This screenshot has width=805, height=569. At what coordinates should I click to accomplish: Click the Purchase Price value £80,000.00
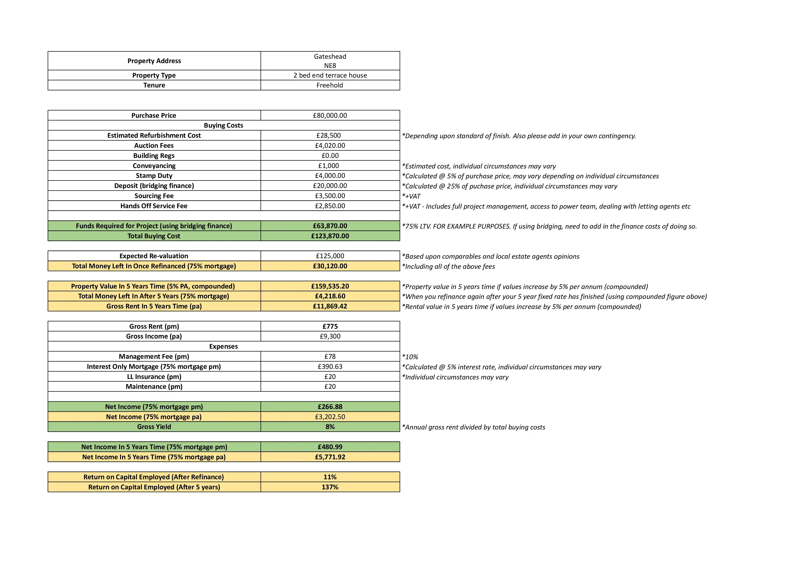click(x=330, y=115)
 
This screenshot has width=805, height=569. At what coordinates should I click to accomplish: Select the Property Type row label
click(x=154, y=75)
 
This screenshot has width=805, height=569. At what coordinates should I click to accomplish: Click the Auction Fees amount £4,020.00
click(x=330, y=146)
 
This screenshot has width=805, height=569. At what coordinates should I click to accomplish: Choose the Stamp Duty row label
click(x=154, y=176)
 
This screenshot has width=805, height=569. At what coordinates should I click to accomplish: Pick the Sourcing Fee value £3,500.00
click(x=330, y=196)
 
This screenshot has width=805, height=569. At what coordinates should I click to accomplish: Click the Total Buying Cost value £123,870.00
click(x=330, y=236)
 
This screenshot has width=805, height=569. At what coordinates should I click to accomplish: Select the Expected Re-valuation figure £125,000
click(x=330, y=256)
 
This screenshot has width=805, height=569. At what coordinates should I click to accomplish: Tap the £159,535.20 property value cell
click(x=330, y=286)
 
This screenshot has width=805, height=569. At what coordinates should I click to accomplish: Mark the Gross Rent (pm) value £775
click(x=330, y=326)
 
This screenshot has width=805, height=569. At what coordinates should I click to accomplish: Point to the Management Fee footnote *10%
click(x=410, y=357)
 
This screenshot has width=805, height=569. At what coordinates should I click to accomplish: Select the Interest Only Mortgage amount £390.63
click(x=330, y=366)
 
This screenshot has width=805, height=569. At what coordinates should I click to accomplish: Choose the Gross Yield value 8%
click(x=330, y=427)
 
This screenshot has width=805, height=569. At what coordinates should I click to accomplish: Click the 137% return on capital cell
click(x=330, y=487)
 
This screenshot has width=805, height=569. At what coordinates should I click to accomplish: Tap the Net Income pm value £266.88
click(x=330, y=407)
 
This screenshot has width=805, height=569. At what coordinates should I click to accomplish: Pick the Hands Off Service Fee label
click(x=154, y=206)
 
